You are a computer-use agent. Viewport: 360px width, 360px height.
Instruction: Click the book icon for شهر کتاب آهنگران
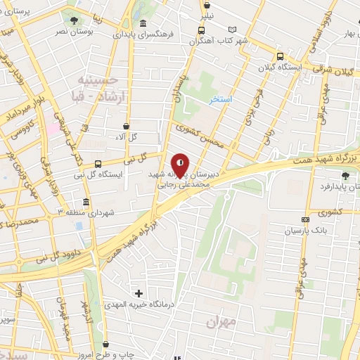[233, 30]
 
